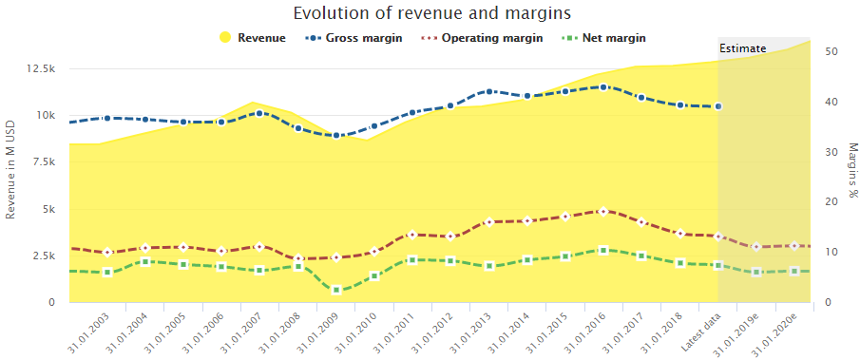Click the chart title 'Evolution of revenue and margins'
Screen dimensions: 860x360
coord(432,12)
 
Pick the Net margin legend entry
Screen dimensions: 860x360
coord(603,38)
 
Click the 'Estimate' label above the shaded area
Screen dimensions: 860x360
coord(742,48)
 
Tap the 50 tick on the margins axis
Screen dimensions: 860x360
coord(831,51)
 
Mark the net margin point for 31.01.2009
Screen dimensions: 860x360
coord(336,290)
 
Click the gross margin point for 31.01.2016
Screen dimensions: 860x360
coord(603,87)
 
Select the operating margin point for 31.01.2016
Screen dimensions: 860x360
coord(603,211)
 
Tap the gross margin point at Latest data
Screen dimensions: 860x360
coord(718,106)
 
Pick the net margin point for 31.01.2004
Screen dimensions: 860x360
coord(145,262)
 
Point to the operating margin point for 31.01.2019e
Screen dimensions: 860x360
coord(756,247)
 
